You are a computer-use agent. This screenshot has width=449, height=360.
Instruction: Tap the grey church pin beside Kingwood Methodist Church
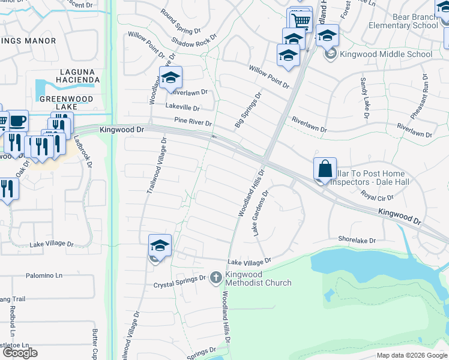click(218, 278)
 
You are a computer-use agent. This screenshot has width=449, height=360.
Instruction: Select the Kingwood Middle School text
click(386, 54)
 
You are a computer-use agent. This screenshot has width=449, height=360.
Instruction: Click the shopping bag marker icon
click(325, 169)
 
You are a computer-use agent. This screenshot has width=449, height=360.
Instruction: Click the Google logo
click(20, 353)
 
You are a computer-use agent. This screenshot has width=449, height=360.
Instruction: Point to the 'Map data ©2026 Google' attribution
click(411, 355)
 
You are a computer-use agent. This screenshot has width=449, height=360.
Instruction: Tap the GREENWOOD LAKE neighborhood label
click(67, 103)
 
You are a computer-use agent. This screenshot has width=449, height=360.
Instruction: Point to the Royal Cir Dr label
click(376, 196)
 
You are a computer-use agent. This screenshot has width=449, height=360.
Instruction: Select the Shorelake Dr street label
click(357, 239)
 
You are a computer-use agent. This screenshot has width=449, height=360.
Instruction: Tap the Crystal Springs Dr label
click(179, 278)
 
